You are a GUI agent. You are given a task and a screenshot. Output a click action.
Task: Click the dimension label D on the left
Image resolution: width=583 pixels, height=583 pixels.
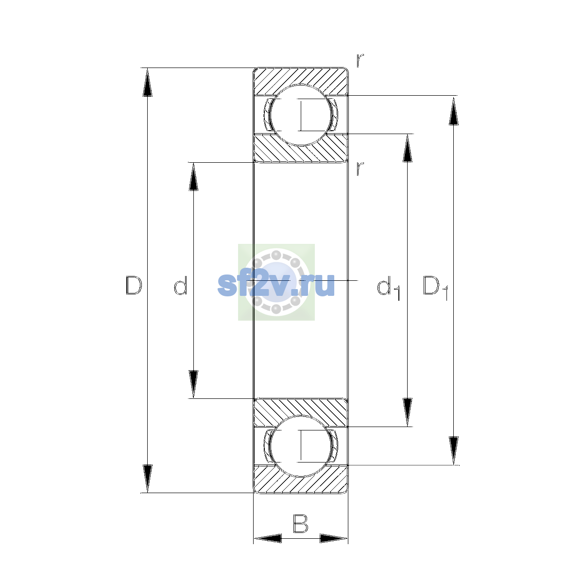[134, 285]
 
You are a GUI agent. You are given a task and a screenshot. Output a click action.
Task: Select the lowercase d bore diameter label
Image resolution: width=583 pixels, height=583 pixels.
[181, 285]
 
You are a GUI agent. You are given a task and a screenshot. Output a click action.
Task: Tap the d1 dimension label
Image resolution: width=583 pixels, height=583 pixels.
[389, 288]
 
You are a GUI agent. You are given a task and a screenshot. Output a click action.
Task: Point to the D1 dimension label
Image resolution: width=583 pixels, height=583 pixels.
[435, 288]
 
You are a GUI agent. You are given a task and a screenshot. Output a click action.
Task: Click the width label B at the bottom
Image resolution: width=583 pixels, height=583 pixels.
[300, 523]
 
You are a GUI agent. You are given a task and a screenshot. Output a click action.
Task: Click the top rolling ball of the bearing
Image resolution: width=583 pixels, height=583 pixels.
[301, 115]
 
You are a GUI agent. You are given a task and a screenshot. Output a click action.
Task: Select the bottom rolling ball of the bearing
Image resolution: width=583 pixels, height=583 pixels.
[301, 446]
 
